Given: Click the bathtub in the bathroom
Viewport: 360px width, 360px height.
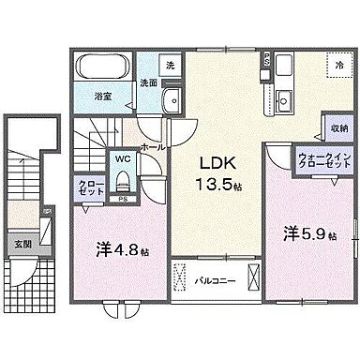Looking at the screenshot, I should (x=104, y=68).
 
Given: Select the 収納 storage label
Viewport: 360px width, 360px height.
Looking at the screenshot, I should (x=337, y=127).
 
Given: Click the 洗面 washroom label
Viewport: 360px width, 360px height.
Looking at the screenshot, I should (x=149, y=82).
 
